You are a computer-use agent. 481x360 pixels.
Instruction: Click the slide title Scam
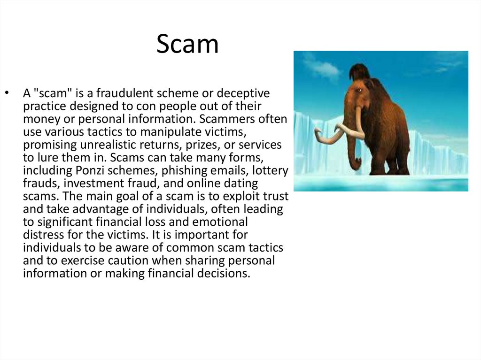click(187, 45)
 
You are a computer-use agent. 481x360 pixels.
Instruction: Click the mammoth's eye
click(358, 90)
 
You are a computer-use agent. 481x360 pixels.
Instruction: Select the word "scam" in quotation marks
click(49, 94)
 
